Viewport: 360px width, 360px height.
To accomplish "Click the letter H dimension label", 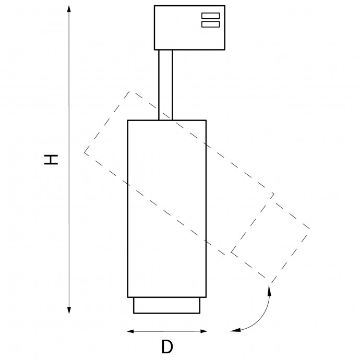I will pyautogui.click(x=51, y=159).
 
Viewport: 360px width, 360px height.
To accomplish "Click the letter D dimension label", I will pyautogui.click(x=167, y=346).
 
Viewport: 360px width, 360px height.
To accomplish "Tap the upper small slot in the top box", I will pyautogui.click(x=210, y=15).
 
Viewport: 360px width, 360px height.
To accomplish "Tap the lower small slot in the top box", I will pyautogui.click(x=210, y=23).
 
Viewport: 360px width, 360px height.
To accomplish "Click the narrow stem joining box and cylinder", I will pyautogui.click(x=165, y=85).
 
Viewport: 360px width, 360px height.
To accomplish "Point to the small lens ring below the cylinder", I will pyautogui.click(x=167, y=305).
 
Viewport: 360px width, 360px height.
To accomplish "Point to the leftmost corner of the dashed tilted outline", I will pyautogui.click(x=85, y=152).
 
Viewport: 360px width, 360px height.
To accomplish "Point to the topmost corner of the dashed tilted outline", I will pyautogui.click(x=130, y=92).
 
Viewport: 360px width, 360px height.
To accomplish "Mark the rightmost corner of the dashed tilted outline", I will pyautogui.click(x=310, y=229).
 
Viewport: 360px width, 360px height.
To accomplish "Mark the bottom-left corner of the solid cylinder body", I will pyautogui.click(x=128, y=297).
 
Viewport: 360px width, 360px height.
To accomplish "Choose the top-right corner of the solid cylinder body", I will pyautogui.click(x=206, y=121).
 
